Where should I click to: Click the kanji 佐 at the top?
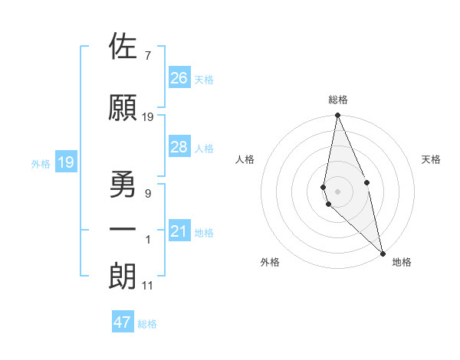(x=123, y=47)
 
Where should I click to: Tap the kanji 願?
(x=123, y=108)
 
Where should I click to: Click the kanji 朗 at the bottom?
(x=123, y=277)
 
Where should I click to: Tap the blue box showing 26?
(x=179, y=78)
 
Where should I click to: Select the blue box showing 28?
(x=179, y=147)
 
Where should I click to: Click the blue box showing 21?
(x=179, y=231)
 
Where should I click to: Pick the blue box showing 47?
(x=123, y=322)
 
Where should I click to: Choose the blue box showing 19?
(x=66, y=162)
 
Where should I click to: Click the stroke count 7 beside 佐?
(x=147, y=55)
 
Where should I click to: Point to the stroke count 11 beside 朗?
(x=147, y=286)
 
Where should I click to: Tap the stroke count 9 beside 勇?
(x=147, y=194)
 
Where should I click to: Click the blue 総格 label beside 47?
(x=147, y=324)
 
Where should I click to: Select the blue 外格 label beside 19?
(x=41, y=163)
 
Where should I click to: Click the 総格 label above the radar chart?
(x=338, y=100)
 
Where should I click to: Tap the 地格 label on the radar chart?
(x=402, y=262)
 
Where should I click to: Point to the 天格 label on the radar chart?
(x=432, y=159)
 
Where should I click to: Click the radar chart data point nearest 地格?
(x=383, y=253)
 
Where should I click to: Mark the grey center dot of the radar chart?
(x=338, y=191)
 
